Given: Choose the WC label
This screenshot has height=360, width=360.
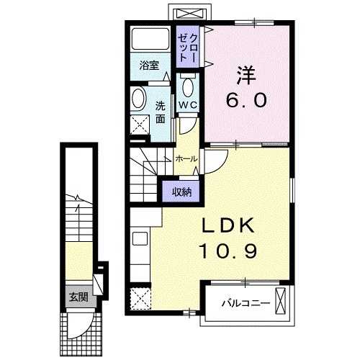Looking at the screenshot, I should point(187,105).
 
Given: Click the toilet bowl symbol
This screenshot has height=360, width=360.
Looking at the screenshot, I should point(189,88).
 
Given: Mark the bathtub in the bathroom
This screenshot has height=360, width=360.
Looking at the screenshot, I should point(150,42).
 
